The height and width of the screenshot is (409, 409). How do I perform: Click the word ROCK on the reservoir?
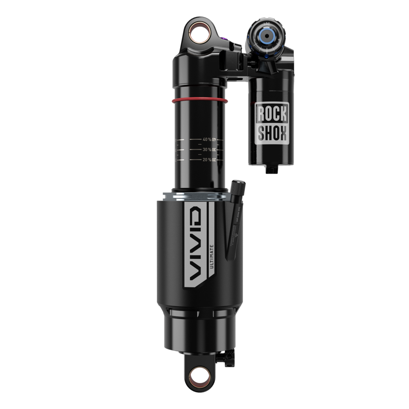(272, 114)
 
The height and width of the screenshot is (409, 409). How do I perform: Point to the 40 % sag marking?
(207, 139)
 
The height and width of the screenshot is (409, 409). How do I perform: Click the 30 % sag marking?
(207, 150)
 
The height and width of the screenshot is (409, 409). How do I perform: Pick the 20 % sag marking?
(207, 160)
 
